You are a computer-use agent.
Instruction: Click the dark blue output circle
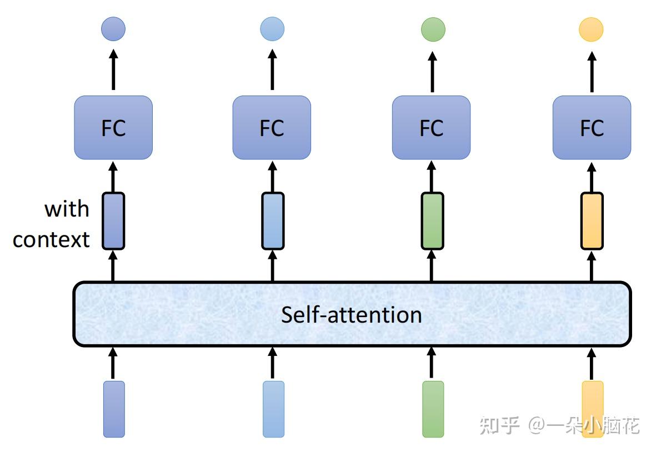coord(113,29)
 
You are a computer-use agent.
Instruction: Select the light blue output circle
coord(272,29)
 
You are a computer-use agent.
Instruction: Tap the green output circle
coord(433,29)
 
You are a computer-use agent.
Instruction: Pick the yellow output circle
coord(591,29)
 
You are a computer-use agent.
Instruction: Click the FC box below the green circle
coord(431,128)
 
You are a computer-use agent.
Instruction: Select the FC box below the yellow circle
coord(592,128)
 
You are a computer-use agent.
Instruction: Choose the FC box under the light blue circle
coord(272,128)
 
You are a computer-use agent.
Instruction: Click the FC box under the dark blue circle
coord(113,128)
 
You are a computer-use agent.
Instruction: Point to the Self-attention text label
coord(351,315)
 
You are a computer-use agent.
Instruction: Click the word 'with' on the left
coord(67,209)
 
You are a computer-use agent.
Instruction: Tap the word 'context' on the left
coord(51,239)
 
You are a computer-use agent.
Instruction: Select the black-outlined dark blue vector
coord(113,221)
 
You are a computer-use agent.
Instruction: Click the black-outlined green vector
coord(432,221)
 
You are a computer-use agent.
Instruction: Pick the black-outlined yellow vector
coord(592,221)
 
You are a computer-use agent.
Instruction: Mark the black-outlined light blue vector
coord(273,221)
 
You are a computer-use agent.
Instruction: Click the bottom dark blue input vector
coord(114,409)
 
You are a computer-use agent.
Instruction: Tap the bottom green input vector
coord(433,409)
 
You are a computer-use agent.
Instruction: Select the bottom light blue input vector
coord(273,409)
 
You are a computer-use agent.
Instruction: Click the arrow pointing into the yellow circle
coord(592,70)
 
